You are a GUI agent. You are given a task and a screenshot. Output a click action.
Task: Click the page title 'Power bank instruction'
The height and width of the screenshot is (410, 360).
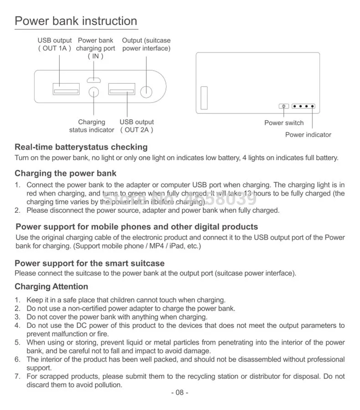(x=76, y=21)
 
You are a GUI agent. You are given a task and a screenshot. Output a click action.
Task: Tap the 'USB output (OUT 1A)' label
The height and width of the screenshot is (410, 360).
(x=55, y=44)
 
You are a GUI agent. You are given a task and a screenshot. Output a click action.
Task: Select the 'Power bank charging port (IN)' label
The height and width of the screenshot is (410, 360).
(x=95, y=48)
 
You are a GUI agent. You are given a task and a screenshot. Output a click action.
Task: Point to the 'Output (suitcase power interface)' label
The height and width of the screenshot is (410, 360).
(x=146, y=44)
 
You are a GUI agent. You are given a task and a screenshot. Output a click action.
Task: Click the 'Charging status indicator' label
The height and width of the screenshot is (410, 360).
(x=92, y=126)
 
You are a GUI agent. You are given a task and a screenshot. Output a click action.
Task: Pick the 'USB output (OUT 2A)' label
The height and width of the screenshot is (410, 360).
(x=137, y=126)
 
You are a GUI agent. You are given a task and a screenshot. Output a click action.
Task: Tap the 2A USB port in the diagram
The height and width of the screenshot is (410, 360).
(x=122, y=89)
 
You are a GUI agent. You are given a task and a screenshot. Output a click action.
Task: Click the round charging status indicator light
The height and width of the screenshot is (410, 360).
(x=93, y=92)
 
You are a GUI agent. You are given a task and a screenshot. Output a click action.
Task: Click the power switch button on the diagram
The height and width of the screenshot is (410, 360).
(x=284, y=107)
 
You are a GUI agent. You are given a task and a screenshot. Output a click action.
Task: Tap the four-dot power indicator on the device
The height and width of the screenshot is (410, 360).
(x=303, y=107)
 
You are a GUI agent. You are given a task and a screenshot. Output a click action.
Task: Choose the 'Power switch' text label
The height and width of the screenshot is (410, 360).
(x=284, y=123)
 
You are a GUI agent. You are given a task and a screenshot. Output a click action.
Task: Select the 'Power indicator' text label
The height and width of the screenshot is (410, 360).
(x=308, y=134)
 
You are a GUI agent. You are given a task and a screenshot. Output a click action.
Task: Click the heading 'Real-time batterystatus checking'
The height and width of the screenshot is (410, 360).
(x=81, y=147)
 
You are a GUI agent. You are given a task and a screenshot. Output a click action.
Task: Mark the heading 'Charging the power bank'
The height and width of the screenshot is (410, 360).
(x=65, y=173)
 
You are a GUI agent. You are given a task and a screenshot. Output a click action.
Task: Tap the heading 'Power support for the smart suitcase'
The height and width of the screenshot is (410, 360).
(x=89, y=263)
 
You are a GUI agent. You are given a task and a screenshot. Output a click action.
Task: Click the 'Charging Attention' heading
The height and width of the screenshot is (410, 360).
(x=51, y=287)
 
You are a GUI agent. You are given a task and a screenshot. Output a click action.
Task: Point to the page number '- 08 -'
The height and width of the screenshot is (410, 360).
(x=180, y=393)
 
